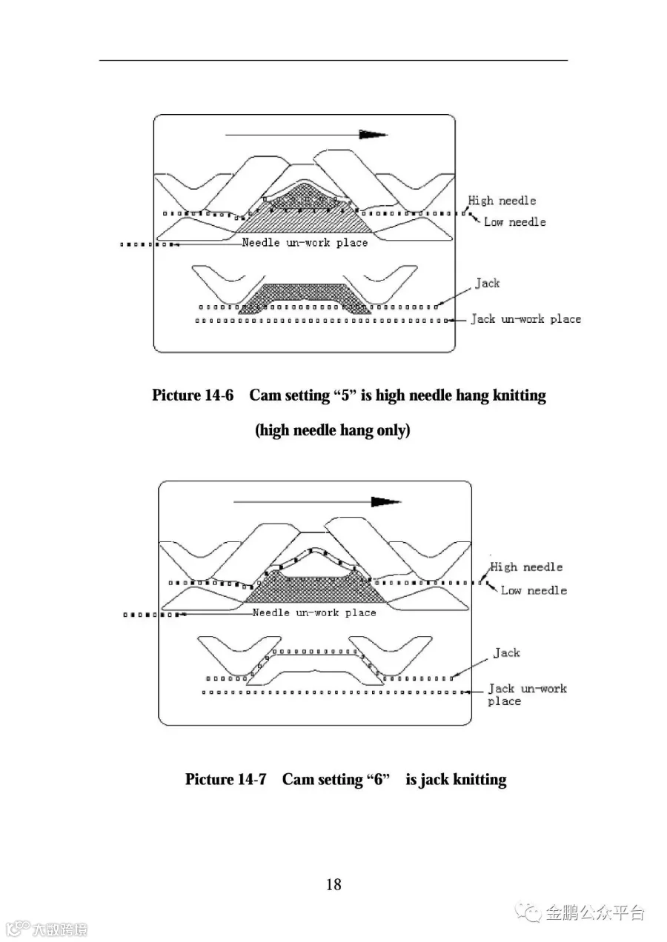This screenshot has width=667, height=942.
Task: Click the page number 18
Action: pos(333,884)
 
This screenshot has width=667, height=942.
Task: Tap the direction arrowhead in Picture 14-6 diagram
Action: pos(373,135)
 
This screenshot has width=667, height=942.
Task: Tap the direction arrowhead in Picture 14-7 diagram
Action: pos(385,501)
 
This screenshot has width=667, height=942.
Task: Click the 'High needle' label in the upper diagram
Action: pos(502,201)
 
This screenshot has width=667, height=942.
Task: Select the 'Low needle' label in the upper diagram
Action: pos(514,222)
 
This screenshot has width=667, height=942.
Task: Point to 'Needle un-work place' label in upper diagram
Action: pos(305,243)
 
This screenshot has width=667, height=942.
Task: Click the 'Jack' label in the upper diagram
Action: pos(488,283)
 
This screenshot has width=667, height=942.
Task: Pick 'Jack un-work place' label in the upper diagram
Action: pos(526,319)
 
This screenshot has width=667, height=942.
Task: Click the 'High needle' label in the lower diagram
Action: pos(526,567)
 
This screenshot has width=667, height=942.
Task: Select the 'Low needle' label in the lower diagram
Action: pos(534,590)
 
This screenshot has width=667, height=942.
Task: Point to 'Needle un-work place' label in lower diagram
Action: pos(314,612)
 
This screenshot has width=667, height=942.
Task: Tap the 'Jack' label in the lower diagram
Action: pos(507,652)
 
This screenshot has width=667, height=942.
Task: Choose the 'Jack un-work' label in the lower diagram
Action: pos(527,689)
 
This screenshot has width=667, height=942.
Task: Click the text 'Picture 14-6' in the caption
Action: pos(193,395)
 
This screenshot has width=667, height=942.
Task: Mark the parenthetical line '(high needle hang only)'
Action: pos(333,430)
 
